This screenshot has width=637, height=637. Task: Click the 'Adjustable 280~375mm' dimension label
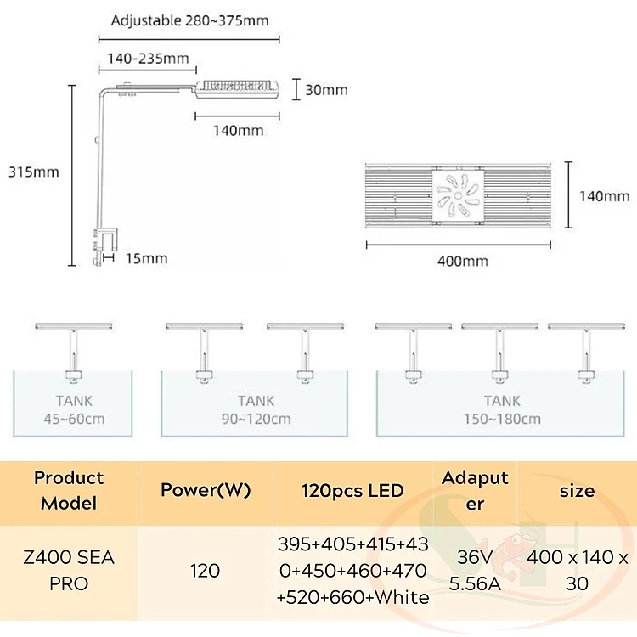(195, 21)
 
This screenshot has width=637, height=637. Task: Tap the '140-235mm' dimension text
(148, 59)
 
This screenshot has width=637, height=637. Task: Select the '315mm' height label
(33, 172)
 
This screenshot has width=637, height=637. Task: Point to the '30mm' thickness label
(326, 89)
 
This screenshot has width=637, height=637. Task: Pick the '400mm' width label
(463, 261)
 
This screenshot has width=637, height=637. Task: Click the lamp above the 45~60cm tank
(71, 327)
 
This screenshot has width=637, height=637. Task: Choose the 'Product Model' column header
(70, 490)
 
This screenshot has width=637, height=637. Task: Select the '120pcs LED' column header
(353, 490)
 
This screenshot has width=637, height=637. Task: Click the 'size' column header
(578, 490)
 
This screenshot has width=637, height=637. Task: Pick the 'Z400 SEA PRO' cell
(70, 571)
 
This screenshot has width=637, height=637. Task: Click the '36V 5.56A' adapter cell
(475, 571)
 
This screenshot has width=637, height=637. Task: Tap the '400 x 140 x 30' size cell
(578, 571)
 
